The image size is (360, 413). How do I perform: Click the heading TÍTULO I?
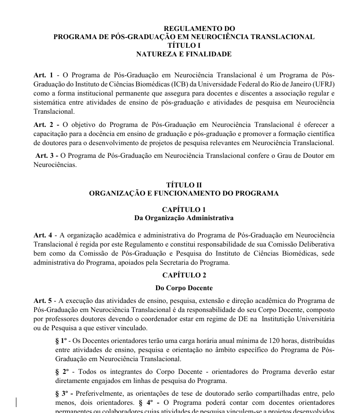point(184,45)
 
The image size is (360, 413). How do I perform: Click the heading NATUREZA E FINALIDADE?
point(184,54)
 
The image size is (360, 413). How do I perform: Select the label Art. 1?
point(43,75)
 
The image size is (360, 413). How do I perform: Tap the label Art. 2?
point(43,124)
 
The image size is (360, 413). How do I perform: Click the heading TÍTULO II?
point(184,185)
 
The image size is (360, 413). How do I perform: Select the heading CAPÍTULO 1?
point(184,210)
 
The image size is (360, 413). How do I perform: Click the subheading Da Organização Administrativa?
point(184,218)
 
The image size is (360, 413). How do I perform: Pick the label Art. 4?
point(43,235)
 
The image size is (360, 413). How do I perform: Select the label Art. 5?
point(43,301)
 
